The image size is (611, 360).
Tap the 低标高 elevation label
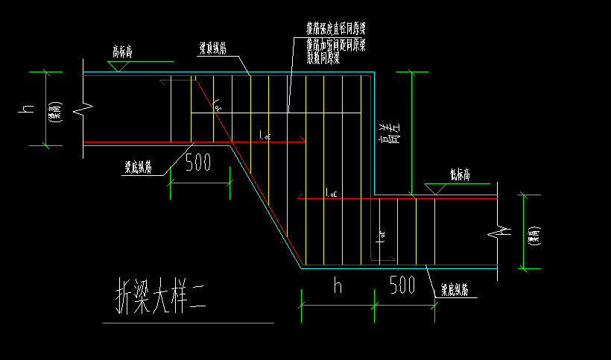click(460, 175)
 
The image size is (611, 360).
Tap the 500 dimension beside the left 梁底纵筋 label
click(198, 163)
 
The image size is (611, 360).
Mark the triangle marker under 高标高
click(115, 66)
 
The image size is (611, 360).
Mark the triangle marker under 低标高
click(436, 189)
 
